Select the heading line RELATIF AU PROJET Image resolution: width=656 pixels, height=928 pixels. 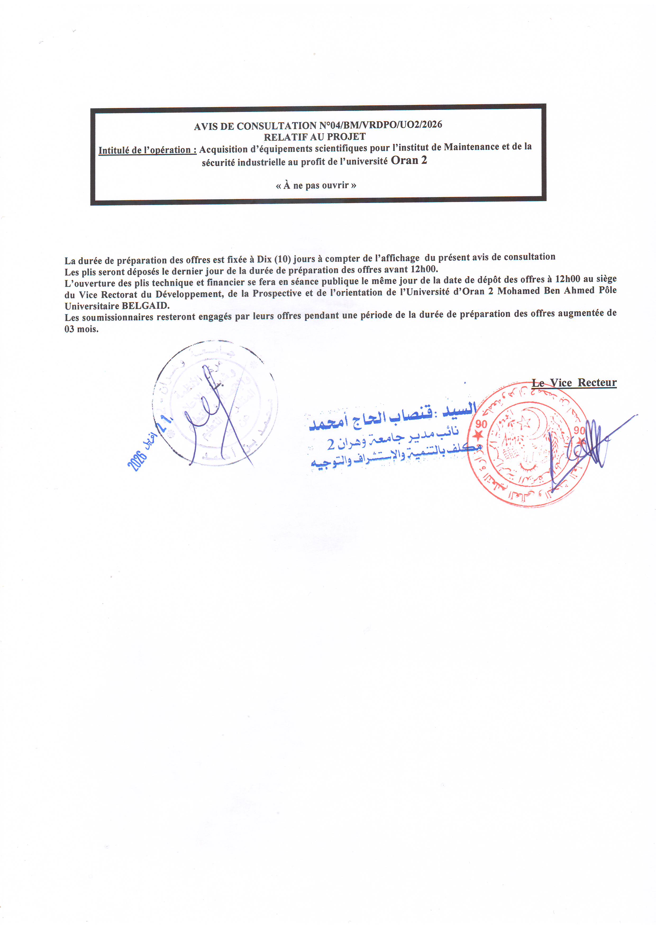point(315,137)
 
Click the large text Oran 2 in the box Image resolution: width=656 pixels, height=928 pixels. point(409,161)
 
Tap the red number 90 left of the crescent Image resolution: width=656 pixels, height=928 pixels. point(481,424)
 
